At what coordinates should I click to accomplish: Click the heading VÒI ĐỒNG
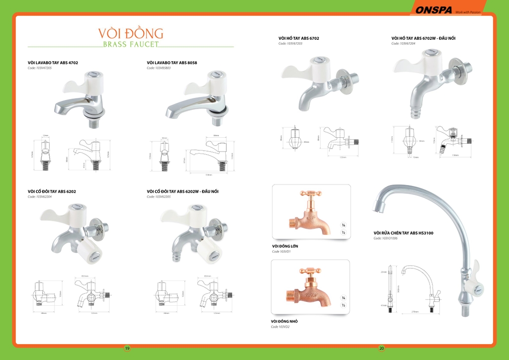pos(131,33)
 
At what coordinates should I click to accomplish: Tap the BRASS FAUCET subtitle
pos(131,44)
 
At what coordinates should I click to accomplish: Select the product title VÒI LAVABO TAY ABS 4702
pos(53,63)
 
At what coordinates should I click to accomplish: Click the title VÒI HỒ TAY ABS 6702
pos(298,38)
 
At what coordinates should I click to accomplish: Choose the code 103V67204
pos(403,44)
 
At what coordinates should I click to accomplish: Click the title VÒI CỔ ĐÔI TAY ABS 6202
pos(52,191)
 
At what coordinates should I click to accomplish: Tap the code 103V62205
pos(159,197)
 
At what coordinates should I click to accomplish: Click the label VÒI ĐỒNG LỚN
pos(285,246)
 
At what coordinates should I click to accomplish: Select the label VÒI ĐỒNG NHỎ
pos(284,321)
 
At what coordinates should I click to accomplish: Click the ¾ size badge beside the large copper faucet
pos(343,225)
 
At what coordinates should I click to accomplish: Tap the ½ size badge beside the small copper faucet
pos(343,305)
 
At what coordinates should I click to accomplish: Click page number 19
pos(127,348)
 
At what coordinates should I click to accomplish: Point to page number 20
pos(381,348)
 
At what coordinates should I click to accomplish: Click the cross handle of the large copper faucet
pos(311,194)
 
